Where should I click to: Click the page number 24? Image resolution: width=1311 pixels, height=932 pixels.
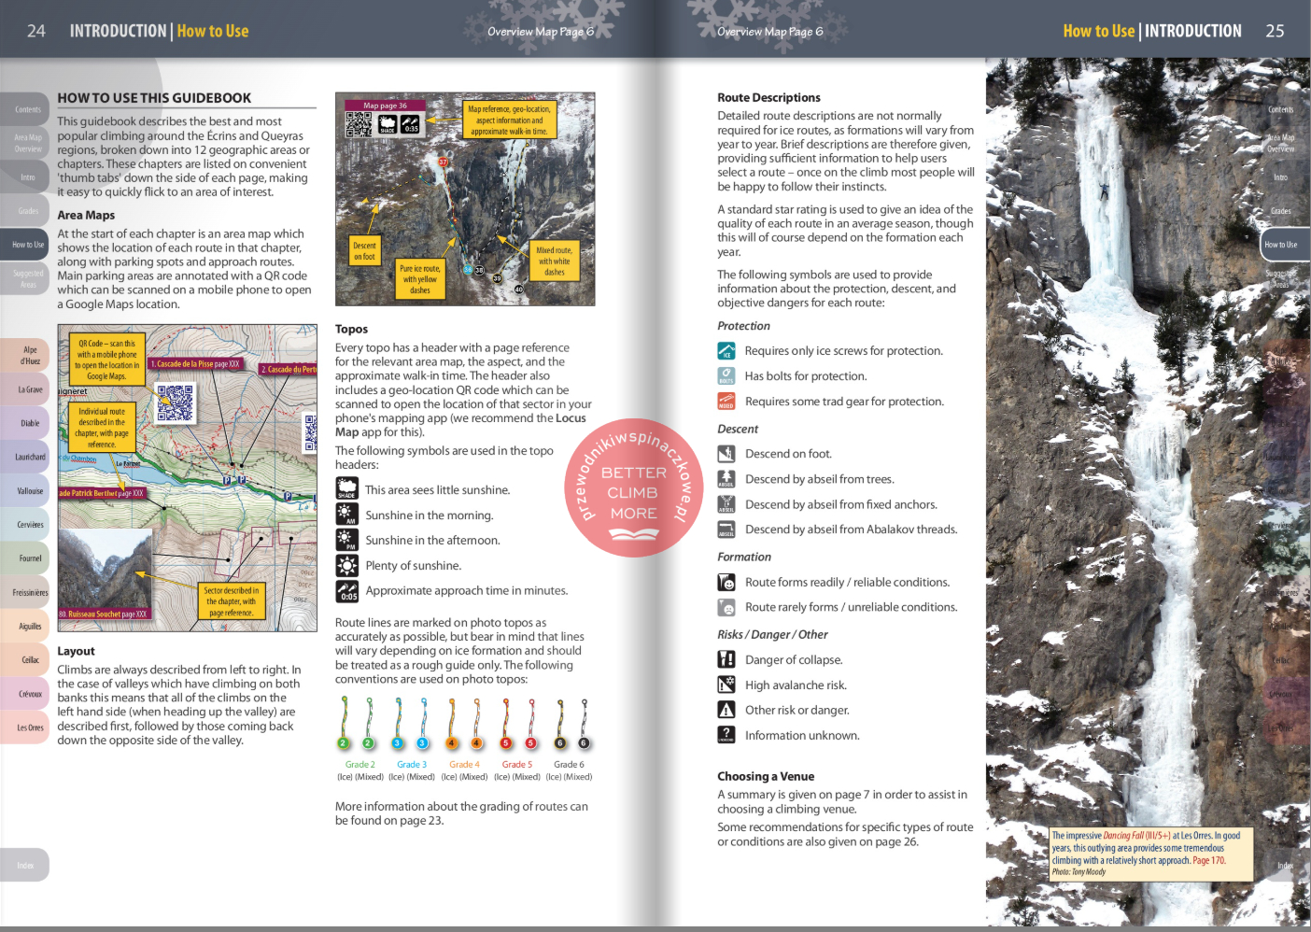click(x=36, y=31)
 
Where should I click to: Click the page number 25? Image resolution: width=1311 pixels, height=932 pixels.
click(x=1275, y=31)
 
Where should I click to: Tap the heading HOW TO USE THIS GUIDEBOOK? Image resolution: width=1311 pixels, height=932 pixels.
click(x=154, y=98)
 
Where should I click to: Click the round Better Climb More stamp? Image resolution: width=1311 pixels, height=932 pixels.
click(x=633, y=488)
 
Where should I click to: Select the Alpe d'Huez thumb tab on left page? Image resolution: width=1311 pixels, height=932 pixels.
click(x=30, y=356)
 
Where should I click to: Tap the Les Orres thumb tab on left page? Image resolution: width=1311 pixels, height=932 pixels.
click(x=30, y=727)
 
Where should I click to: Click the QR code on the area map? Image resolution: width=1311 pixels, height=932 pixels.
click(x=175, y=403)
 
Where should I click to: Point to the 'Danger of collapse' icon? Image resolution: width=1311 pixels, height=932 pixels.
click(x=726, y=659)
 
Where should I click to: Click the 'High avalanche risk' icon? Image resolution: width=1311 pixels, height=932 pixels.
click(x=726, y=685)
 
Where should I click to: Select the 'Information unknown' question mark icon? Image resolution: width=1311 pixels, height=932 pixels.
click(x=726, y=735)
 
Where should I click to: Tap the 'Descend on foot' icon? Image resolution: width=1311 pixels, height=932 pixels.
click(x=726, y=454)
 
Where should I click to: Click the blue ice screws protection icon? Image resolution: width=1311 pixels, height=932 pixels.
click(x=726, y=351)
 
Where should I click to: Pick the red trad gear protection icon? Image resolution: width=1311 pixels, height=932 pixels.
click(x=726, y=402)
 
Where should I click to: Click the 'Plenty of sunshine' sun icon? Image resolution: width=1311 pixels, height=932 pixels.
click(x=346, y=566)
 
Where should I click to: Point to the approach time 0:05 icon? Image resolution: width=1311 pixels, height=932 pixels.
click(x=346, y=591)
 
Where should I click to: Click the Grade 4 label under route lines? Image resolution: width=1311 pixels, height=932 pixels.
click(x=464, y=765)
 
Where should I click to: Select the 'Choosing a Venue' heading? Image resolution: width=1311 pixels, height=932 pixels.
click(x=766, y=776)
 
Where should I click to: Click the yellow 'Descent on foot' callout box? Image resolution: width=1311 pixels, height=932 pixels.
click(x=364, y=251)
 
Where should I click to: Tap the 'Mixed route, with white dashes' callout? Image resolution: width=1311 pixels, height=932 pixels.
click(x=554, y=261)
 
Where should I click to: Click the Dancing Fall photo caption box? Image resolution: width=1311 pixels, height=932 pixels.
click(x=1149, y=854)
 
